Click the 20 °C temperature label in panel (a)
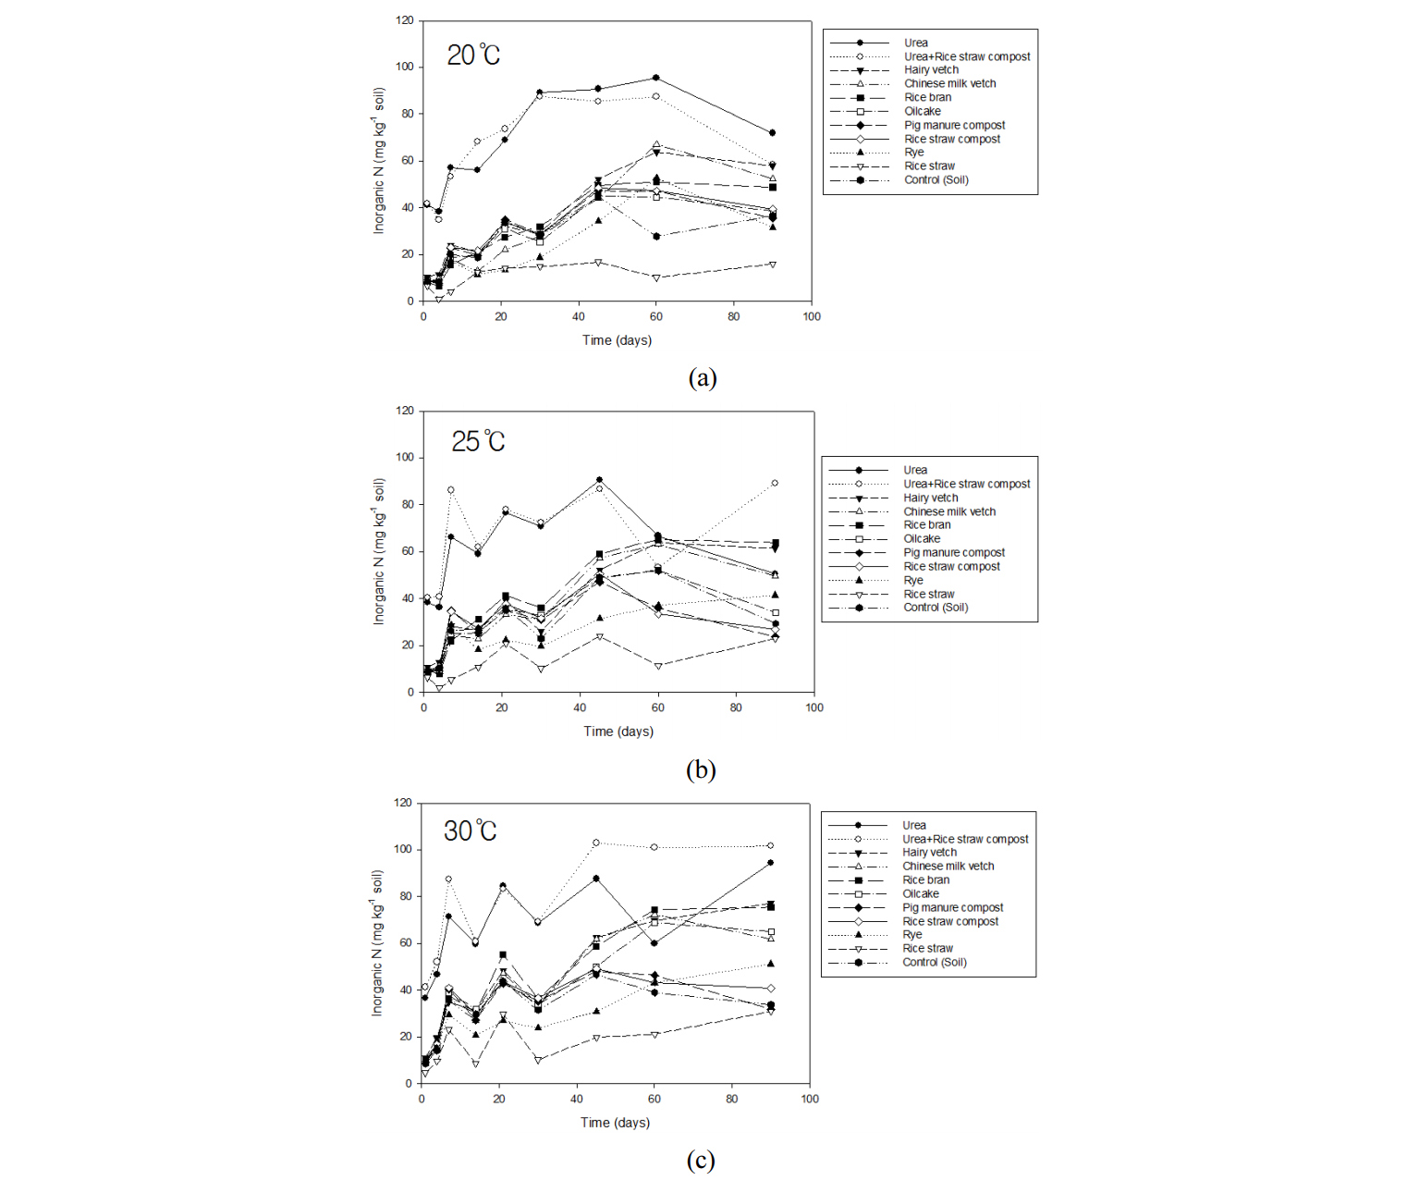(x=473, y=55)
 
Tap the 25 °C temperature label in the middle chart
(x=478, y=441)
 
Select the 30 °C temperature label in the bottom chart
(x=470, y=830)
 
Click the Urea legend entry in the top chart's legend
(x=915, y=43)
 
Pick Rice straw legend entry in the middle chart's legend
(x=928, y=594)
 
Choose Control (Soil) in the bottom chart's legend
(x=934, y=962)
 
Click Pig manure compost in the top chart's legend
(x=954, y=125)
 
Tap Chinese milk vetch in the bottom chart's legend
(x=948, y=866)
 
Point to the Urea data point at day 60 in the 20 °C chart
(x=656, y=78)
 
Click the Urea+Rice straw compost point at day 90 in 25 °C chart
(x=775, y=483)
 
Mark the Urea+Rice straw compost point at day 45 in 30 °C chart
(x=596, y=842)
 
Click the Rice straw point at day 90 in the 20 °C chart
(x=773, y=264)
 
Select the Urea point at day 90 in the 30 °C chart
(x=771, y=863)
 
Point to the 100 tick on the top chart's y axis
(x=405, y=67)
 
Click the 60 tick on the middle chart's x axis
(x=657, y=707)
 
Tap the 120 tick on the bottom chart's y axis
(x=403, y=803)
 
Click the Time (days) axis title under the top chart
(x=617, y=340)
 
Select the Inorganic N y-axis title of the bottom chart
(x=377, y=942)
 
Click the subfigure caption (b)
(x=701, y=769)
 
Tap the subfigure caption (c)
(x=700, y=1161)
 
